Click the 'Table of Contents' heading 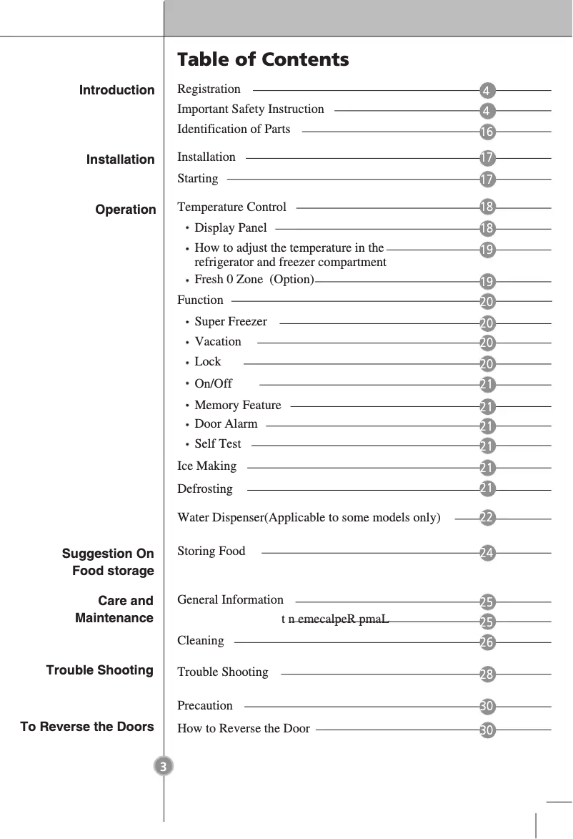pos(263,59)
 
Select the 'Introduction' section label pos(116,90)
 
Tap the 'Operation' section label pos(126,210)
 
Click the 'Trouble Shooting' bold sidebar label pos(100,670)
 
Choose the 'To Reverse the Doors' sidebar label pos(87,727)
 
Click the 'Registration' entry pos(209,89)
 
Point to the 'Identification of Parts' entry pos(234,129)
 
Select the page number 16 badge pos(487,132)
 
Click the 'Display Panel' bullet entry pos(230,228)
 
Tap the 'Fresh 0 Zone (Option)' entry pos(254,280)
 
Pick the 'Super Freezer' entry pos(230,322)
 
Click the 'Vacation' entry pos(218,342)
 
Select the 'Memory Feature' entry pos(237,406)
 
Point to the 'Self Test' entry pos(218,444)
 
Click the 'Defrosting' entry pos(205,489)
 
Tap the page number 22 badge pos(487,518)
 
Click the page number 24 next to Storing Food pos(487,553)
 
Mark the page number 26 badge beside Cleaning pos(487,642)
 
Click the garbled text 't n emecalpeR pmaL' pos(335,619)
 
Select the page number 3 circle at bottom pos(164,767)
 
